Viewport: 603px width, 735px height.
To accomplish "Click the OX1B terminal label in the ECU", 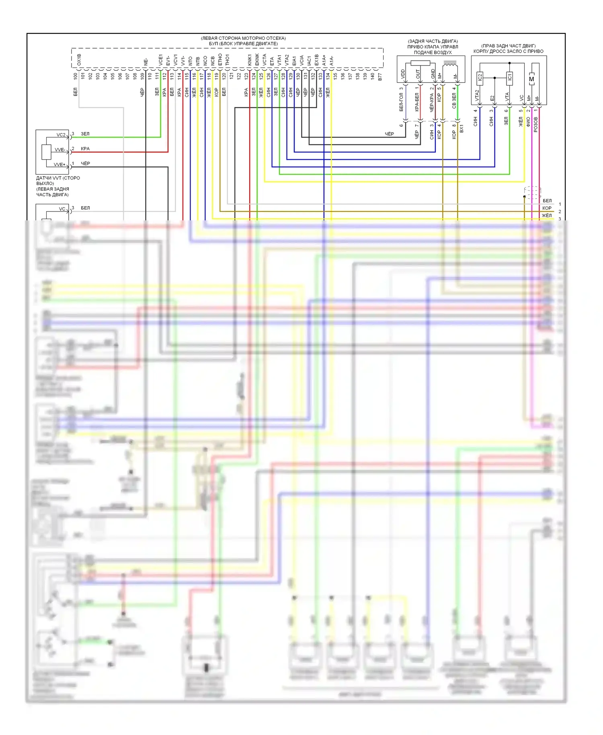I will [79, 60].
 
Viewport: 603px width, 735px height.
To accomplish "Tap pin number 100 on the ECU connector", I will [76, 76].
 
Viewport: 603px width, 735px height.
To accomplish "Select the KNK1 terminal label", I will [250, 60].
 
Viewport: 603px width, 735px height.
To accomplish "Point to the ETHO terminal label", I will [220, 60].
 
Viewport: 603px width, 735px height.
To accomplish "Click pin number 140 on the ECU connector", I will [372, 76].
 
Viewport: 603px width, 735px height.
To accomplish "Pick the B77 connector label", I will [380, 76].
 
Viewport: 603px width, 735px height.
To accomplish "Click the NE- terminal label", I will [146, 62].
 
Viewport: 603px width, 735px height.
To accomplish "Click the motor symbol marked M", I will [532, 79].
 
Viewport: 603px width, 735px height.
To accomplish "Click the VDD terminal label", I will [403, 74].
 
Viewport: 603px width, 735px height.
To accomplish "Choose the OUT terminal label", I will [418, 74].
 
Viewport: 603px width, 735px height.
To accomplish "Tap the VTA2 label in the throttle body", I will [477, 96].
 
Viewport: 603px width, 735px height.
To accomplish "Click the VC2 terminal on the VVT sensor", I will [61, 135].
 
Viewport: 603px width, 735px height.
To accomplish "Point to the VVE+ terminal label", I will [59, 164].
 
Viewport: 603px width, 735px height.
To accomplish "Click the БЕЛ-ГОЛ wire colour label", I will [401, 102].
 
